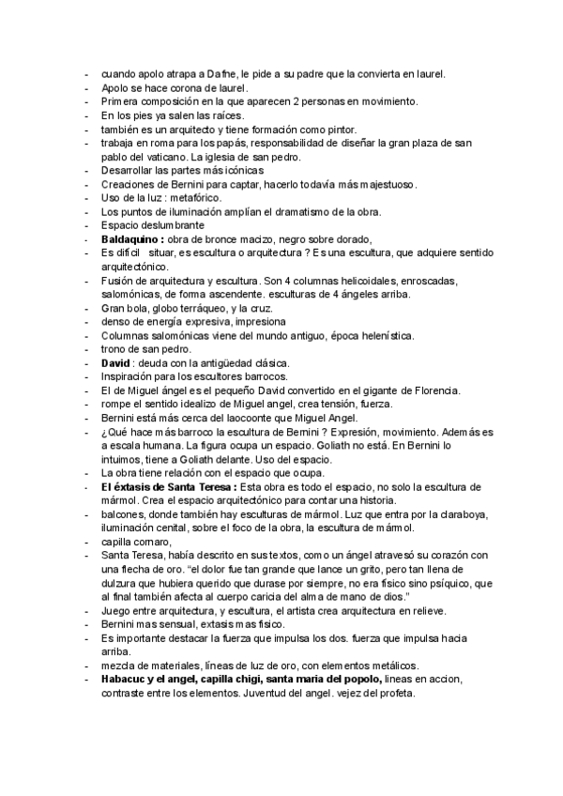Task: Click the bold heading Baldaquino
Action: (130, 239)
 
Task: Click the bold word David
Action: (115, 363)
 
